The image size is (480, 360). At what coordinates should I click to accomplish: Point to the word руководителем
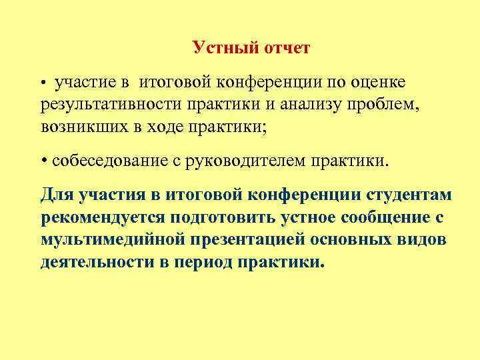point(257,161)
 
